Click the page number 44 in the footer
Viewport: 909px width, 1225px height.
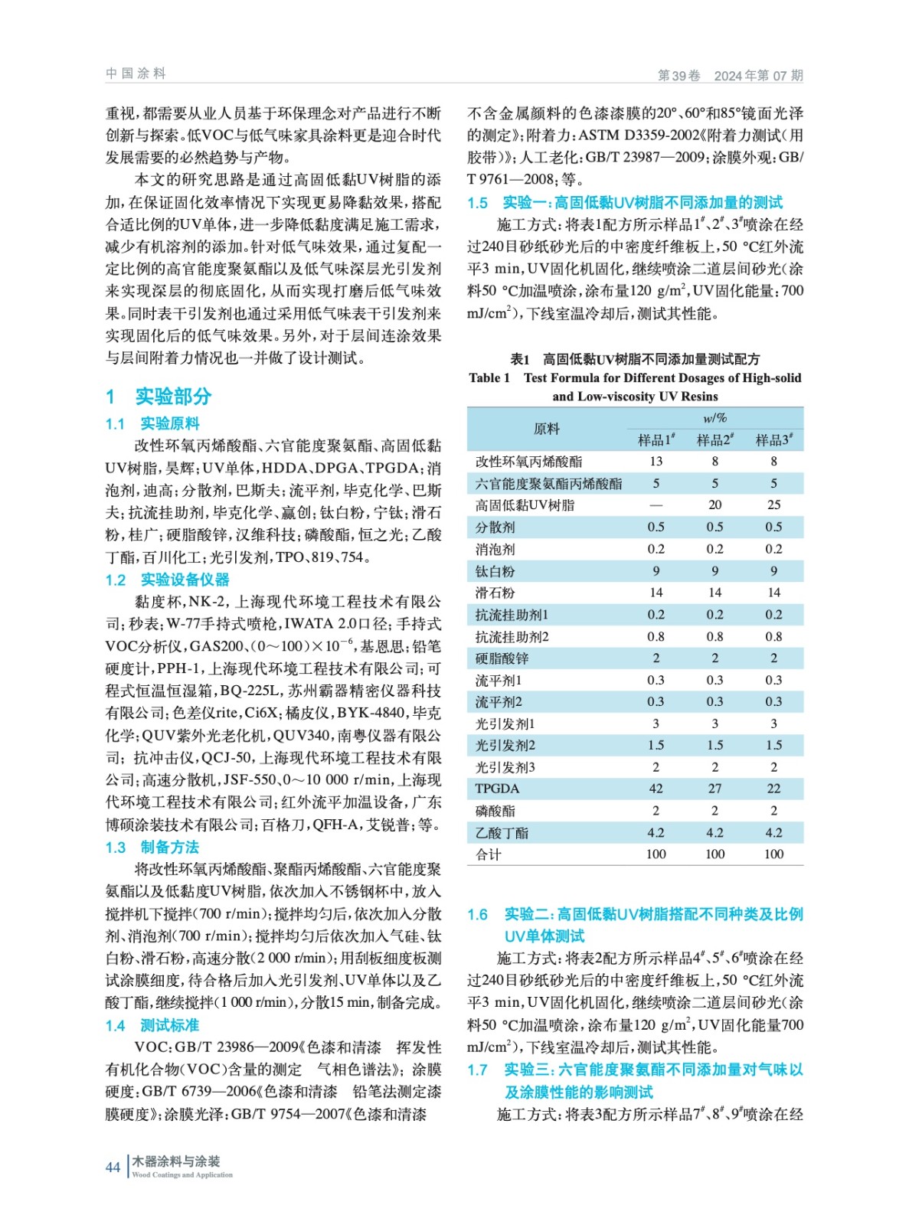point(113,1167)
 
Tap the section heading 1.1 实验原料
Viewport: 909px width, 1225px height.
point(153,423)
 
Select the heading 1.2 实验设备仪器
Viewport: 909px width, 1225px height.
point(168,580)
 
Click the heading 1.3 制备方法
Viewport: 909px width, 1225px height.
point(153,847)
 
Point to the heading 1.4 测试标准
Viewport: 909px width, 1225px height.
point(153,1025)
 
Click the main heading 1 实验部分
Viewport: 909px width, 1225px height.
point(159,396)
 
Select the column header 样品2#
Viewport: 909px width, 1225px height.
point(714,439)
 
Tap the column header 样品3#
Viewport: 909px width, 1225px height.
point(773,439)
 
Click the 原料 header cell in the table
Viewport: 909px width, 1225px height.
point(546,429)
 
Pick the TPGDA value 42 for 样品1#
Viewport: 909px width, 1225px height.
point(656,789)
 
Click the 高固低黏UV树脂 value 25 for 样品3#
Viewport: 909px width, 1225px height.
point(773,505)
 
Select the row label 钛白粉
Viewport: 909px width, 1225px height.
point(495,571)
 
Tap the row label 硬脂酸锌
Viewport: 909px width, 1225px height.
point(502,658)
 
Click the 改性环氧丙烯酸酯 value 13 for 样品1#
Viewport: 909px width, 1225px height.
point(656,462)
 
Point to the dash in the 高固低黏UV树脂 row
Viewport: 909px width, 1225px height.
point(656,505)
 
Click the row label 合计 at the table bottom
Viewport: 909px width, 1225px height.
point(489,854)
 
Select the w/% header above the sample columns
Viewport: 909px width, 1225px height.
point(714,418)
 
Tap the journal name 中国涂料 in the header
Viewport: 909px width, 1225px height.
point(136,73)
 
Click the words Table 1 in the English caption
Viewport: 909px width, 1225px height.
point(489,377)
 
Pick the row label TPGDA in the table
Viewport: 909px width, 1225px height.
point(497,789)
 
